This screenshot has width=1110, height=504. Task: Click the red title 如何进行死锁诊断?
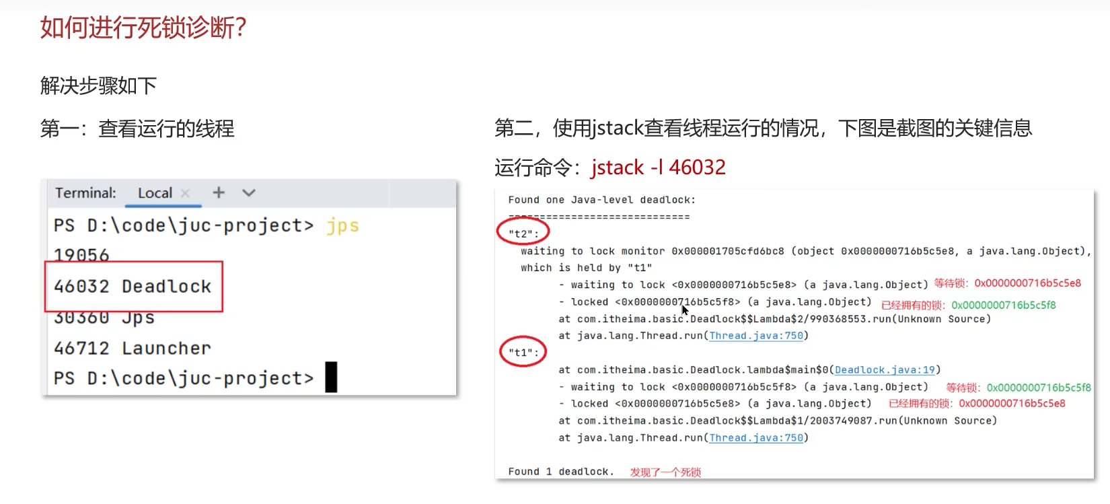tap(143, 28)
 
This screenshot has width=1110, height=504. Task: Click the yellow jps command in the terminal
tap(342, 225)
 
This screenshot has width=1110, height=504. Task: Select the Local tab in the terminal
tap(155, 193)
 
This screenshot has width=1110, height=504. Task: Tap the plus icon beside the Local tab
tap(219, 193)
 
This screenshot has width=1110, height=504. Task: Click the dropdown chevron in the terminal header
tap(249, 193)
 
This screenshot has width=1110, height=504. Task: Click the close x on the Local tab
tap(186, 193)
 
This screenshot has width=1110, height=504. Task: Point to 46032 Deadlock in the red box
tap(133, 287)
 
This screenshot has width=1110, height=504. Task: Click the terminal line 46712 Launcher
tap(133, 349)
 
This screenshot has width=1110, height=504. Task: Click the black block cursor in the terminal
tap(331, 377)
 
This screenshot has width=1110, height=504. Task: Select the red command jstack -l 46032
tap(658, 167)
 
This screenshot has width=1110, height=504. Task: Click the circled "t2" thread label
tap(523, 233)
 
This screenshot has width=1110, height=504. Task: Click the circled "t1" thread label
tap(523, 352)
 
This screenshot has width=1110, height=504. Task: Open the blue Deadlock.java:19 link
tap(885, 370)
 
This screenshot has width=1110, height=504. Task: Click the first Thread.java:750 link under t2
tap(756, 336)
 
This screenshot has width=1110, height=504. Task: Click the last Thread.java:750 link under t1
tap(756, 438)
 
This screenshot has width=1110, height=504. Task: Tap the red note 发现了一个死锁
tap(665, 472)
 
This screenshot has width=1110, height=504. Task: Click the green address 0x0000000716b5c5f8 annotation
tap(1003, 305)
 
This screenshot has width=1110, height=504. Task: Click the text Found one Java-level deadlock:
tap(601, 200)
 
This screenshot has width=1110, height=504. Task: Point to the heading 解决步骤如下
tap(98, 86)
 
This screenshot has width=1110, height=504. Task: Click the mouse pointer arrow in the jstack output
tap(685, 310)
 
